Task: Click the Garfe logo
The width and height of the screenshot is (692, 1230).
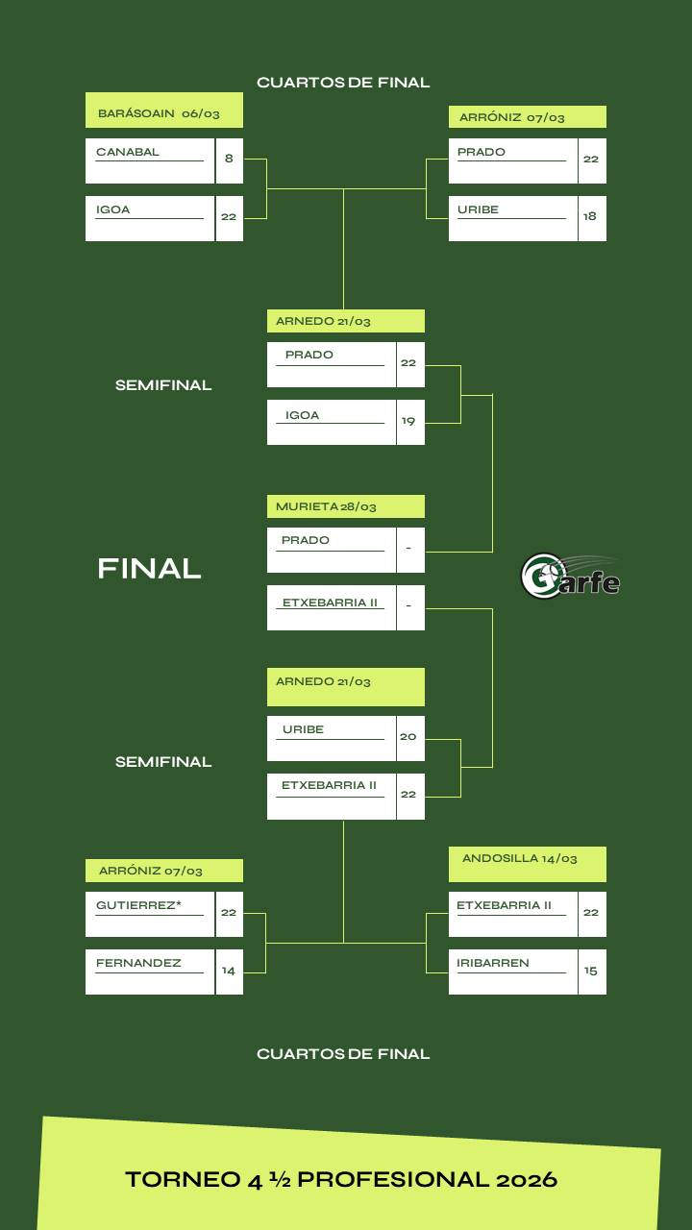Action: [569, 576]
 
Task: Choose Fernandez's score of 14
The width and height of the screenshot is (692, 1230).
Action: [229, 972]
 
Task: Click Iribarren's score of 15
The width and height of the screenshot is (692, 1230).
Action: [591, 972]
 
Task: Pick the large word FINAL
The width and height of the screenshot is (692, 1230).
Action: [149, 569]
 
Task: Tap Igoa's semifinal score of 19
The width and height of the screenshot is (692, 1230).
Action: [409, 422]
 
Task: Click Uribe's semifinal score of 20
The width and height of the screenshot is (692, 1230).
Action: [409, 738]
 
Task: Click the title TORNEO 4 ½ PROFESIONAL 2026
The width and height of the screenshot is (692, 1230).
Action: [341, 1179]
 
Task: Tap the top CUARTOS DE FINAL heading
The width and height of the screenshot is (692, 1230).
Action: [343, 83]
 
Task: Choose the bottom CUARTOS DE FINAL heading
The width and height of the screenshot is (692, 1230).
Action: [343, 1054]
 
